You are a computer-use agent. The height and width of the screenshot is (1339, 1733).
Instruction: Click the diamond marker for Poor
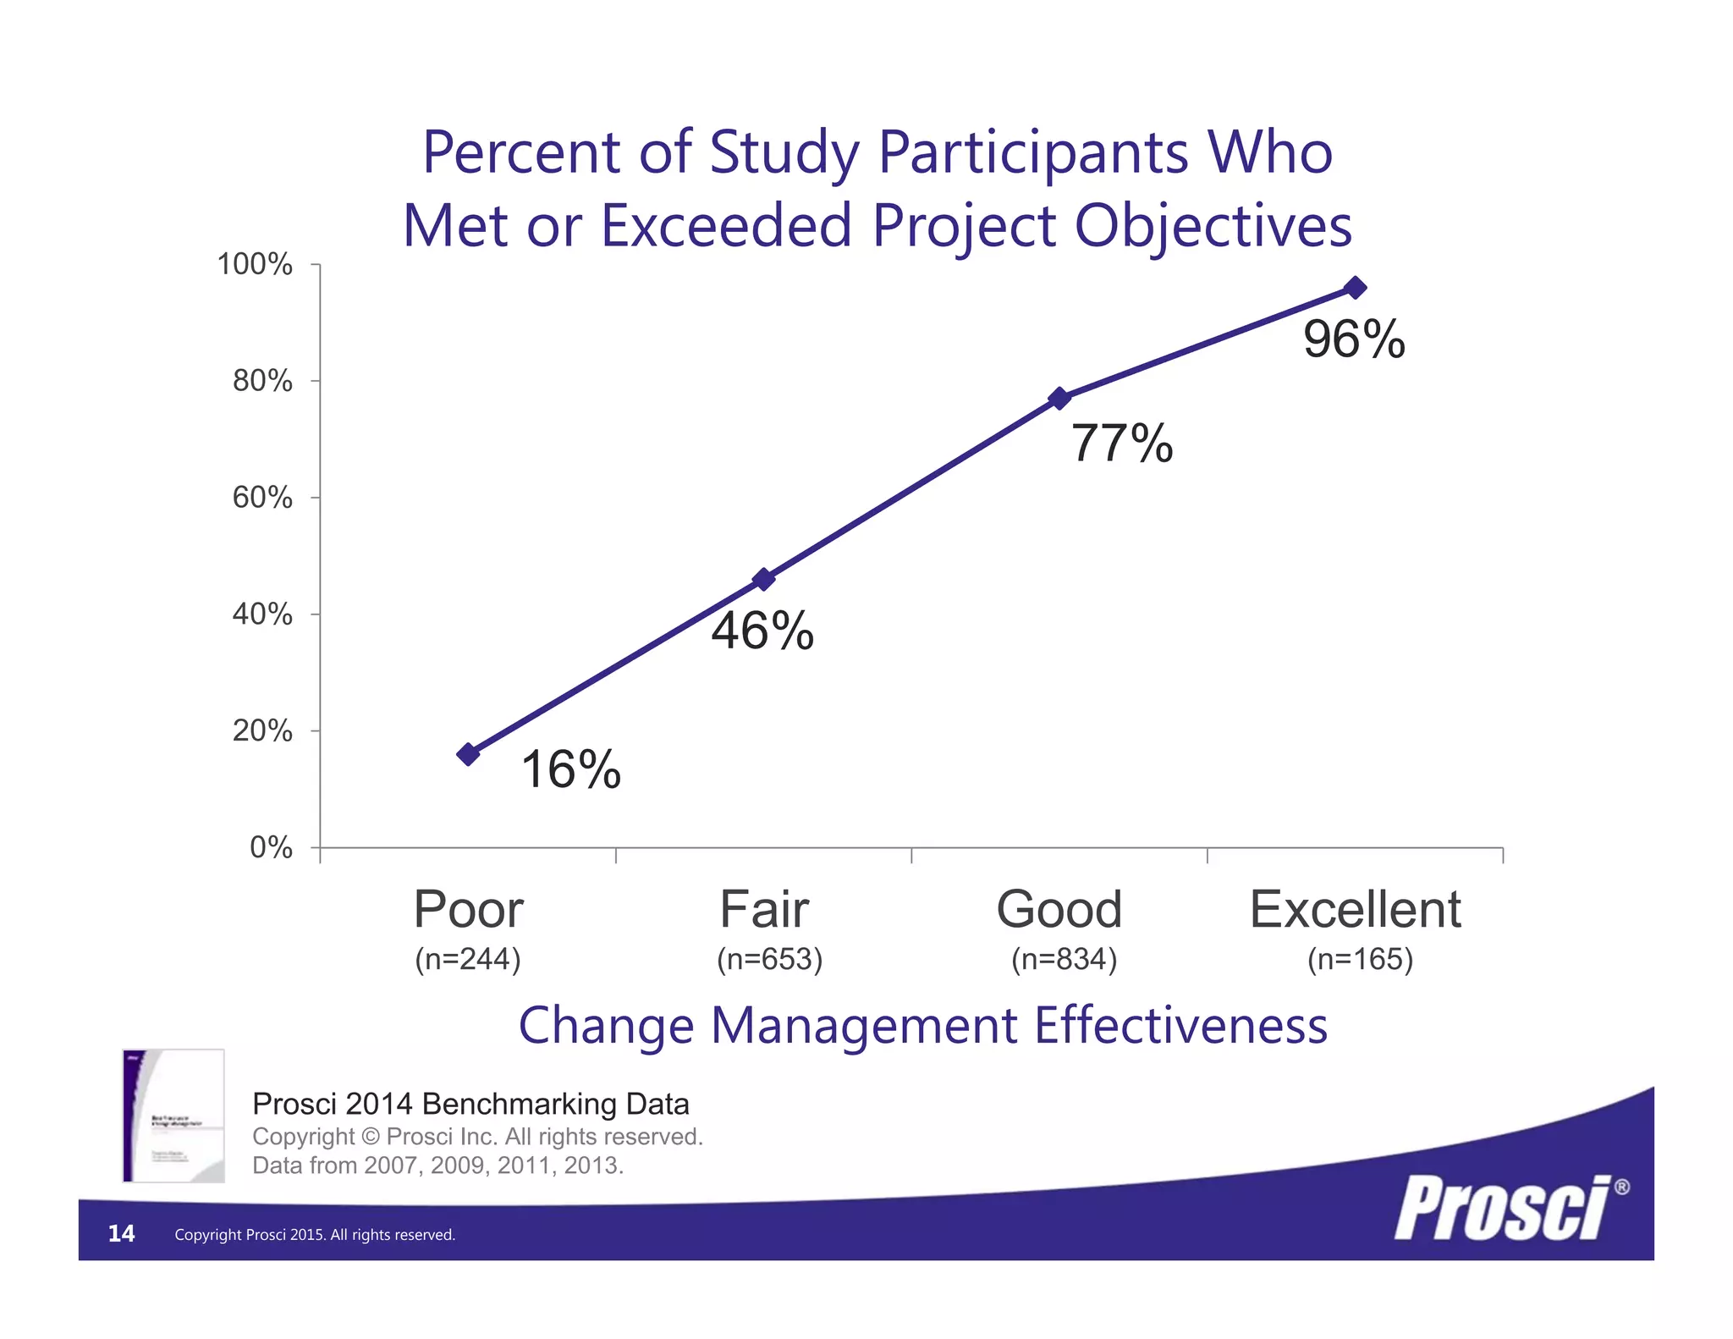tap(468, 754)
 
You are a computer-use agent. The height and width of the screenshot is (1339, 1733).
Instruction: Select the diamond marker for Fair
tap(763, 580)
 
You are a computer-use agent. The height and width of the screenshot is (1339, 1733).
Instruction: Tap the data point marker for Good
tap(1059, 399)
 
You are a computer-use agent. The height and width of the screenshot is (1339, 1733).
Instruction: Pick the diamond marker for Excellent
tap(1355, 288)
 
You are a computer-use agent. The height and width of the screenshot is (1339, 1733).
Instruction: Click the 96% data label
tap(1354, 340)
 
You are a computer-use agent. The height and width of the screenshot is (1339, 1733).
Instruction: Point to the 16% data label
tap(571, 770)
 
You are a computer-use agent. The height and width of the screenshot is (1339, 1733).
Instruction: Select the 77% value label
tap(1122, 444)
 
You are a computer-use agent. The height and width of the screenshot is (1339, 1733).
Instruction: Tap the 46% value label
tap(762, 631)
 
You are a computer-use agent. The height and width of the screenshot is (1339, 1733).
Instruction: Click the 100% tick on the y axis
tap(255, 265)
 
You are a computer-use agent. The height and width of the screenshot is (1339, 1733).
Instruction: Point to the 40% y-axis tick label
tap(262, 614)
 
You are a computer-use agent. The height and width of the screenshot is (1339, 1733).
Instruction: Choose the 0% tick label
tap(271, 847)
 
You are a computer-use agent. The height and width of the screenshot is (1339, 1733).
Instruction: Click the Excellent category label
tap(1355, 910)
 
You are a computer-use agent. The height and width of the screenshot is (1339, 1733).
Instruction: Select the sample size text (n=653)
tap(769, 960)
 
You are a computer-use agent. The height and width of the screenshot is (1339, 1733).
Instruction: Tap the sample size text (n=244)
tap(468, 960)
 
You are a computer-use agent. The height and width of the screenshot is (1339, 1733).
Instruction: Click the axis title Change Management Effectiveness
tap(922, 1026)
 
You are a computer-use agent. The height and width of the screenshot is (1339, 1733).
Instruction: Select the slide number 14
tap(121, 1233)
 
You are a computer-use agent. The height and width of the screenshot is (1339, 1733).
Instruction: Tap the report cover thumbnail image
tap(173, 1116)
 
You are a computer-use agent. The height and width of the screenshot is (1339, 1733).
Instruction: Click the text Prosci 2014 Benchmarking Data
tap(470, 1105)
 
